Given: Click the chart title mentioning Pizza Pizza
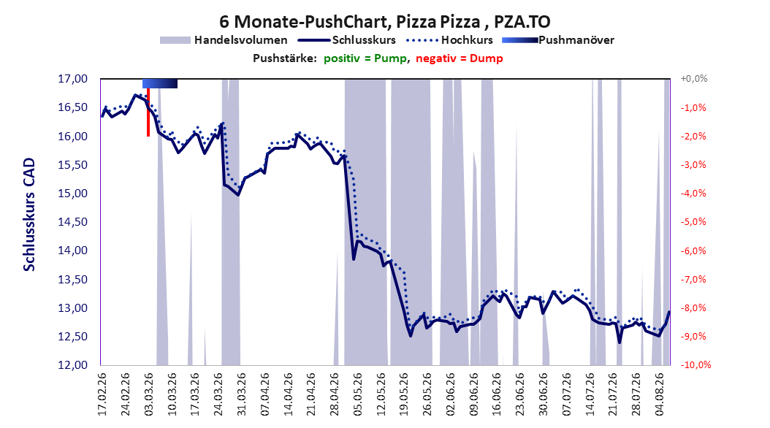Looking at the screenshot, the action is [384, 22].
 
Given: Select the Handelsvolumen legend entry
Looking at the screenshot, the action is [224, 40].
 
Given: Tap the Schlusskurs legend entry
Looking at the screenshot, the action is [347, 40].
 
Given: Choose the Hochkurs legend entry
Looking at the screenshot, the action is [449, 40].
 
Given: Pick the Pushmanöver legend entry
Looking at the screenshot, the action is [558, 40].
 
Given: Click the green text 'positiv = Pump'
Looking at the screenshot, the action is [365, 58].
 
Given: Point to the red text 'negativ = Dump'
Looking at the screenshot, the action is [460, 58].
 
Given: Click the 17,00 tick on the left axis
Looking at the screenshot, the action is [72, 79].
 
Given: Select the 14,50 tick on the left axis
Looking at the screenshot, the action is [72, 222].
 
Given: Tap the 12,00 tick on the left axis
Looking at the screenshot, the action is [72, 365].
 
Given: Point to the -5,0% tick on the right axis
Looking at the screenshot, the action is [693, 222].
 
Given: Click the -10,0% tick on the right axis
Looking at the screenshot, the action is [695, 365].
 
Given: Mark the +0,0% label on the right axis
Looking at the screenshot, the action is [694, 79].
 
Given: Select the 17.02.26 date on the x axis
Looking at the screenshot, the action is [102, 394].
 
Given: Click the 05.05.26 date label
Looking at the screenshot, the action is [358, 394].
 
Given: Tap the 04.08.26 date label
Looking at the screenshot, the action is [660, 394].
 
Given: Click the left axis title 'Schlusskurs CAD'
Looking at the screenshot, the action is [29, 215].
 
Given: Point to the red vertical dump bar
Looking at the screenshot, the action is [148, 112].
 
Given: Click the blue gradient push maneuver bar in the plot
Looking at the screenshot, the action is [159, 83].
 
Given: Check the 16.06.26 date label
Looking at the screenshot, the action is [498, 394].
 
